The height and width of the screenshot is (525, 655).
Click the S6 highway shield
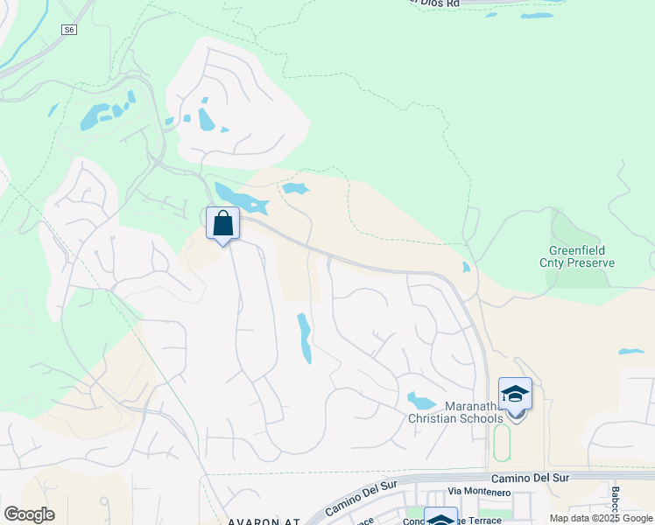pyautogui.click(x=69, y=30)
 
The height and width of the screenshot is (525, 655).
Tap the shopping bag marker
pyautogui.click(x=223, y=223)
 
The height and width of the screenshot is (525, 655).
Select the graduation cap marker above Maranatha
pyautogui.click(x=515, y=395)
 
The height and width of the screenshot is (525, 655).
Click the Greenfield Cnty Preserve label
pyautogui.click(x=575, y=256)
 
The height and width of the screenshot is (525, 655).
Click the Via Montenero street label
pyautogui.click(x=479, y=493)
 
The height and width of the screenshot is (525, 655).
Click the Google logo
pyautogui.click(x=29, y=514)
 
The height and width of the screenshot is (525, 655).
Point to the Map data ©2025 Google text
pyautogui.click(x=601, y=518)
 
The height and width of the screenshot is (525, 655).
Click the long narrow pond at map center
pyautogui.click(x=304, y=338)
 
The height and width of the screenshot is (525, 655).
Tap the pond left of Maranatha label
pyautogui.click(x=421, y=401)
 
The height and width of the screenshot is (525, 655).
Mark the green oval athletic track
pyautogui.click(x=502, y=443)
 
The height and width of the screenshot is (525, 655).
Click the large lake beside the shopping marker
pyautogui.click(x=239, y=199)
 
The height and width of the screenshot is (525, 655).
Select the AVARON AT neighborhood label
pyautogui.click(x=263, y=521)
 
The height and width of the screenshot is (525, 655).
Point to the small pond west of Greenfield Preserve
pyautogui.click(x=465, y=267)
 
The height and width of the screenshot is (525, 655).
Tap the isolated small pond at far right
pyautogui.click(x=630, y=352)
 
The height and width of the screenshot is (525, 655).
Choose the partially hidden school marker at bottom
pyautogui.click(x=440, y=518)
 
